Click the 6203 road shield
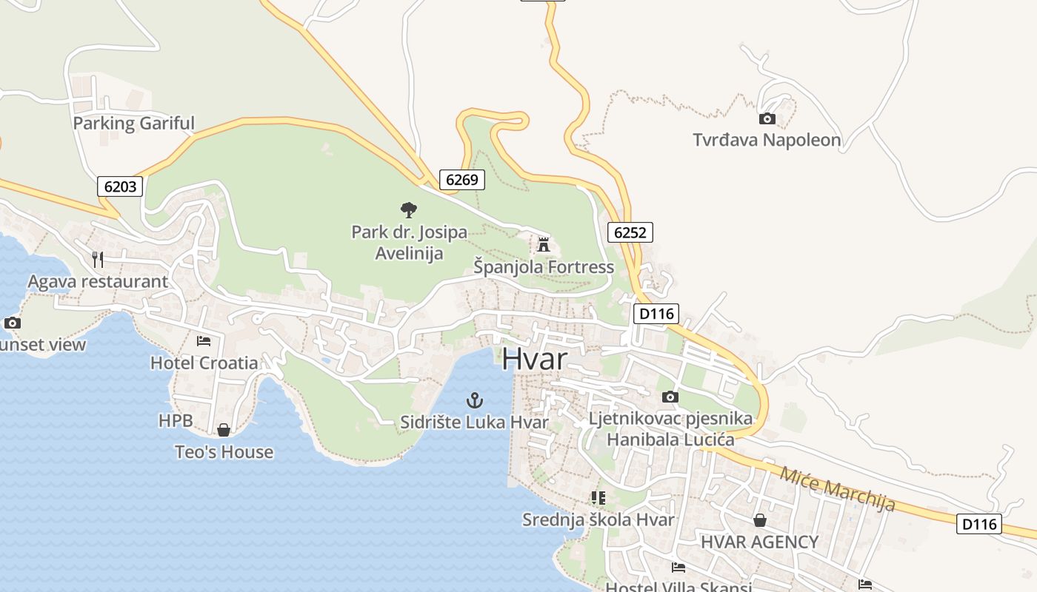120,186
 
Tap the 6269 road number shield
462,179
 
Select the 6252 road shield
630,232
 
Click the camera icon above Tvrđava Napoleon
767,118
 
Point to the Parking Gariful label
133,123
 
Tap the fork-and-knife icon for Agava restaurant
98,259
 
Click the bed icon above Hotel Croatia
204,341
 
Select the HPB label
176,421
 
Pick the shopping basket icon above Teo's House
224,430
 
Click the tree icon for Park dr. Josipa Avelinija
409,210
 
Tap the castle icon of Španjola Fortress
544,244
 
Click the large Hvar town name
535,359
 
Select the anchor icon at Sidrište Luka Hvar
474,401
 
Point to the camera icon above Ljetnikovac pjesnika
670,397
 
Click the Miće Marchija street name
837,489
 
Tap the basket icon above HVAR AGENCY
759,520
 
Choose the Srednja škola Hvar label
598,519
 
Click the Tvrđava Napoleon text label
767,140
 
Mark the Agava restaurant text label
98,281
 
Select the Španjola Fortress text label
544,267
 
